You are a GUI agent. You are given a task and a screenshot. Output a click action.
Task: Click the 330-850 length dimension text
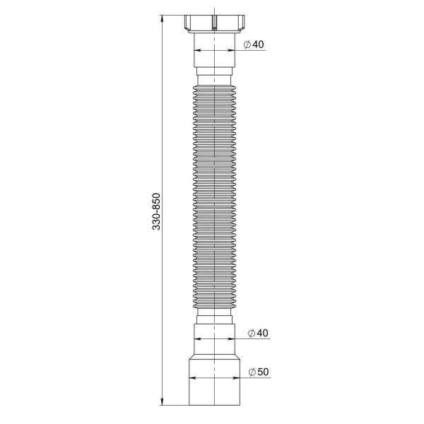click(x=156, y=211)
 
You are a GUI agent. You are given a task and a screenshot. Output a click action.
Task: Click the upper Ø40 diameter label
click(x=254, y=45)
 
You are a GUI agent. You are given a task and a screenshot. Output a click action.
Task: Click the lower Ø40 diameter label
click(x=258, y=333)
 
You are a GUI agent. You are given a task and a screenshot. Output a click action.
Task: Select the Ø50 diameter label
click(x=259, y=372)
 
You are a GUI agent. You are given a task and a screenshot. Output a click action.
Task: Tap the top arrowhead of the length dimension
click(x=162, y=18)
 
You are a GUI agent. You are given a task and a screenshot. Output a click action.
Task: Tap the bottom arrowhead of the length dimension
click(x=162, y=402)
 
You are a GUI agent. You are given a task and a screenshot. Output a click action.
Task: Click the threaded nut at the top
click(x=214, y=24)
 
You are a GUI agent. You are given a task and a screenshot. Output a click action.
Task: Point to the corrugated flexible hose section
click(x=214, y=197)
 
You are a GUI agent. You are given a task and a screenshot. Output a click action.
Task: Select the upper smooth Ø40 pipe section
click(x=214, y=50)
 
